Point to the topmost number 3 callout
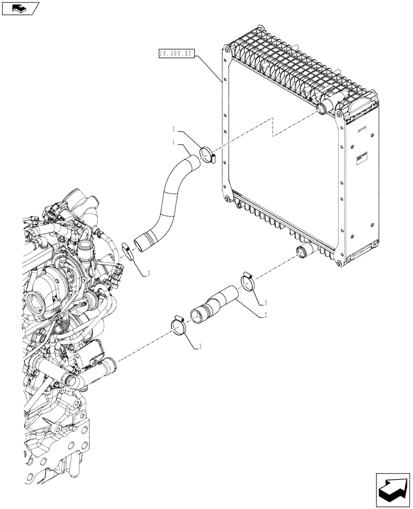click(173, 129)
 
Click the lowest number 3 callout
click(201, 347)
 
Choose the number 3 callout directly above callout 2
click(264, 302)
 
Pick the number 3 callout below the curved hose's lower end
click(149, 274)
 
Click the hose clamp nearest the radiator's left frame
click(208, 153)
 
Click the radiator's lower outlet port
click(305, 250)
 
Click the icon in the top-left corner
click(20, 8)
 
